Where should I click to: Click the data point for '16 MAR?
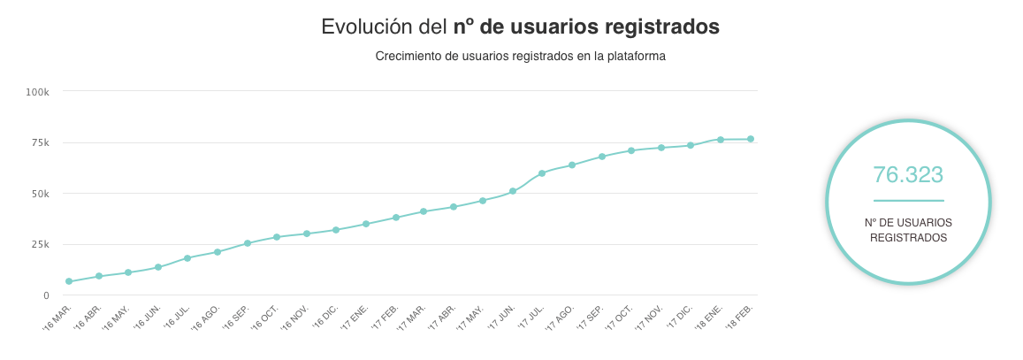pos(69,281)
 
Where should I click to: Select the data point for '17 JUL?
pos(542,173)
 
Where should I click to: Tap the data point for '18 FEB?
pos(751,139)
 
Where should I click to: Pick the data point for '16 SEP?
pos(248,243)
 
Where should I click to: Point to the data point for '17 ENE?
pos(366,224)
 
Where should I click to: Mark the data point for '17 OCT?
pos(631,150)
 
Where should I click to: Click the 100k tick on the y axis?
pos(42,91)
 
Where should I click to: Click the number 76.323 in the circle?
pos(908,174)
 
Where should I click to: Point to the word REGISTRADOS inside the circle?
pos(908,238)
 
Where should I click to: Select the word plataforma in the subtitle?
pos(634,57)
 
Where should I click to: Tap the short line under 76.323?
pos(908,201)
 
